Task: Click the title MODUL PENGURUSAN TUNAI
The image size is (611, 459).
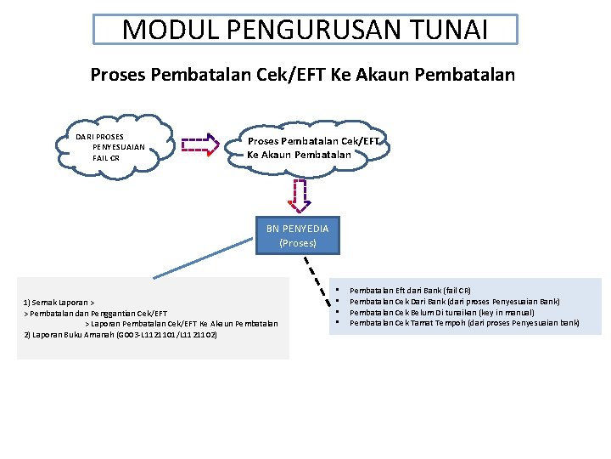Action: tap(305, 30)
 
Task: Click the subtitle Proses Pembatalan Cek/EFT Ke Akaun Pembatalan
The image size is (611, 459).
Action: tap(302, 75)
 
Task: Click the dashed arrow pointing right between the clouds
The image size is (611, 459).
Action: tap(199, 145)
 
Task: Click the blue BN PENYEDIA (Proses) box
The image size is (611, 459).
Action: tap(297, 235)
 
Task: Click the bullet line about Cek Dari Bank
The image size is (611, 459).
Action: tap(454, 301)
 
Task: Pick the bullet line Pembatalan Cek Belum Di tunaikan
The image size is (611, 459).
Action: tap(441, 312)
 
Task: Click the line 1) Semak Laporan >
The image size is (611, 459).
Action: tap(59, 303)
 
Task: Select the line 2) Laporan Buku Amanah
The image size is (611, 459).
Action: tap(121, 335)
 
